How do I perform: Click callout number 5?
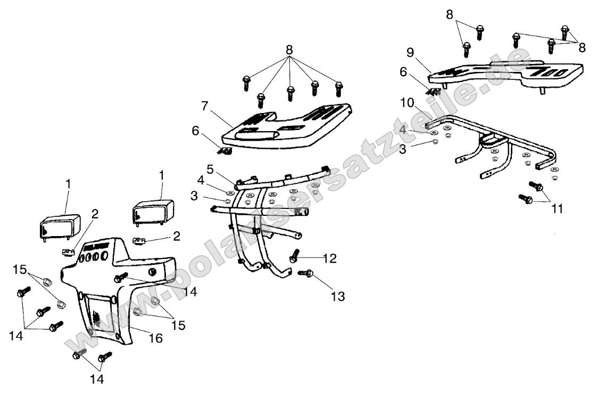(x=210, y=169)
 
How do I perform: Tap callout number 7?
(x=205, y=106)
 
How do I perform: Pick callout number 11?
(x=557, y=209)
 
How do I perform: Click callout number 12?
(x=330, y=258)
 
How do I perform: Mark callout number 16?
(x=156, y=338)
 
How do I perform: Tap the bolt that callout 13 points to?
(x=306, y=273)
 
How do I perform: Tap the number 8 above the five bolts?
(x=289, y=49)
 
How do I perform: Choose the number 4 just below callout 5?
(x=201, y=180)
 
